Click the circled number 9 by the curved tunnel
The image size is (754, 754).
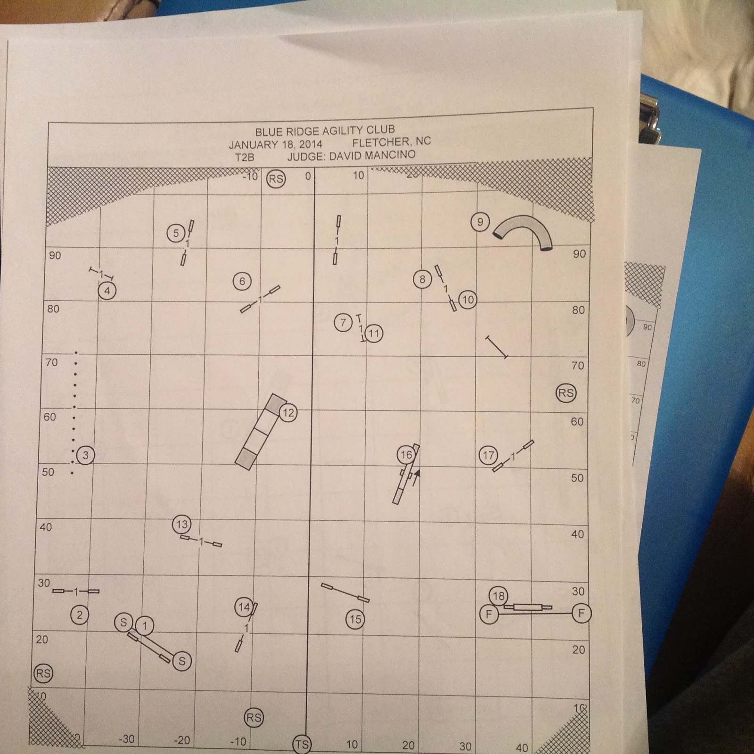coord(480,222)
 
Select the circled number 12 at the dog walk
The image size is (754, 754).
coord(288,413)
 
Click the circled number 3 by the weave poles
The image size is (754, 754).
coord(85,455)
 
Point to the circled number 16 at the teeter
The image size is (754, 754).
coord(406,455)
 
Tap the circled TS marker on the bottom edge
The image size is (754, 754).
coord(302,745)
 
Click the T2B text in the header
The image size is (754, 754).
coord(245,157)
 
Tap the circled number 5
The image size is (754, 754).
coord(176,233)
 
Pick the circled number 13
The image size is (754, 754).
coord(182,524)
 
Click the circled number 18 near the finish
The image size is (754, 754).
coord(499,596)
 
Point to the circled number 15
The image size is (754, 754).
coord(355,619)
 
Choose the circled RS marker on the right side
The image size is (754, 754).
coord(566,393)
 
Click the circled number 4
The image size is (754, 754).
coord(107,291)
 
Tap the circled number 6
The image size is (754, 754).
coord(242,281)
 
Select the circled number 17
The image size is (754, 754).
coord(488,455)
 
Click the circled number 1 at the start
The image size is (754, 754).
coord(145,626)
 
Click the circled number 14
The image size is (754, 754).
coord(244,607)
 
